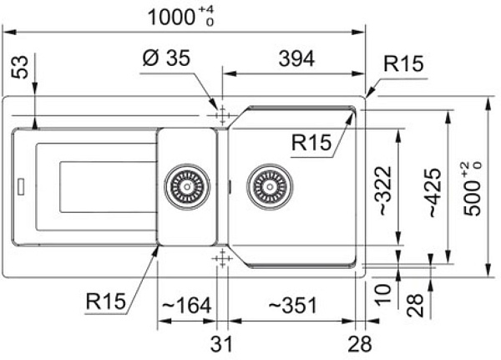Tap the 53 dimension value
[x=23, y=69]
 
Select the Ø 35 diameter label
[x=167, y=59]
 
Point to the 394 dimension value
[x=296, y=59]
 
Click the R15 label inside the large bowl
[x=310, y=142]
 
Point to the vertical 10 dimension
[x=382, y=292]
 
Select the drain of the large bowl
[x=268, y=186]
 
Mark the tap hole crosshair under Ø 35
[x=221, y=114]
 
